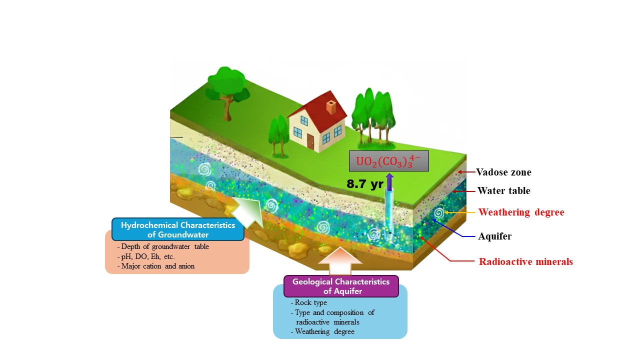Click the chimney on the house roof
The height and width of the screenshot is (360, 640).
point(330,107)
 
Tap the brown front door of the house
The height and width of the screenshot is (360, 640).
point(310,142)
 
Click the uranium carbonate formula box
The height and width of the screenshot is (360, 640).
point(388,161)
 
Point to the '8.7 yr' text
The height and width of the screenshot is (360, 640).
point(364,184)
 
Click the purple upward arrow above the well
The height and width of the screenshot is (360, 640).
point(389,183)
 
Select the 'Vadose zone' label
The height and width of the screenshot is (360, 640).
point(503,172)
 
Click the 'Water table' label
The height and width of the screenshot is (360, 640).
point(503,190)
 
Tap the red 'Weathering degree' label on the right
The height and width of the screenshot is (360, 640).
point(521,212)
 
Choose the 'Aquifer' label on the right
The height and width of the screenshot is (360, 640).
point(494,236)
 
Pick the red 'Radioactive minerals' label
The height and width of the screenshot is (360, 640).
point(525,261)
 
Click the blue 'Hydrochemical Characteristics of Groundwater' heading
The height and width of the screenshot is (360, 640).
point(177,229)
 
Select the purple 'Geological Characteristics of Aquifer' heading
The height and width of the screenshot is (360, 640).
point(341,286)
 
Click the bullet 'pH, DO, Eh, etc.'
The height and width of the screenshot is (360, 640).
point(145,256)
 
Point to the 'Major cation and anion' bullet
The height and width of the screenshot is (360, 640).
point(155,266)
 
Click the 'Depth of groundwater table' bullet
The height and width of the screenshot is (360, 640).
point(163,246)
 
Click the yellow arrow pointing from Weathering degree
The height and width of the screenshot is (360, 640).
point(458,212)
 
